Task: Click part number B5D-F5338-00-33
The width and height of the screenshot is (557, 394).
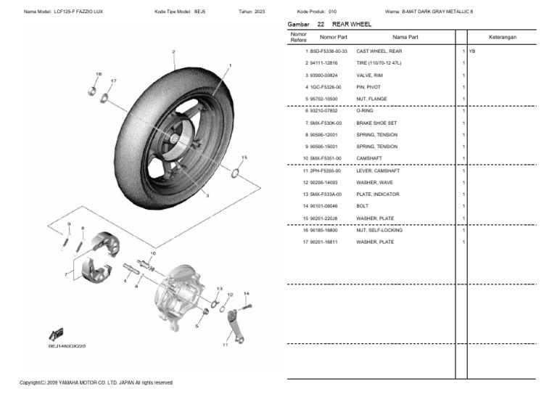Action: (329, 52)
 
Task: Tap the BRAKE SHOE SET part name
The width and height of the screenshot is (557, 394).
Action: (376, 123)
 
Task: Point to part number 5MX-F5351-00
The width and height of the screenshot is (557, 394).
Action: (325, 158)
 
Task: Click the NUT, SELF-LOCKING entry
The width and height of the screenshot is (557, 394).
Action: (379, 230)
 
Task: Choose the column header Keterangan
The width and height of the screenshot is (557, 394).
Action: (502, 36)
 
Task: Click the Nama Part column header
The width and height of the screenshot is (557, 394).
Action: (405, 36)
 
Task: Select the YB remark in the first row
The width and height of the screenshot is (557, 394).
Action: (472, 52)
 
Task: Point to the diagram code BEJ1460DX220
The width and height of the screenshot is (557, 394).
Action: (67, 346)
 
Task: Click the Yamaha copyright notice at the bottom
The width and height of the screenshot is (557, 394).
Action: (96, 382)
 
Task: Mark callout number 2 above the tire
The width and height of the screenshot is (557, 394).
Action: (173, 52)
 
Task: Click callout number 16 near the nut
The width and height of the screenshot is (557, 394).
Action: (99, 74)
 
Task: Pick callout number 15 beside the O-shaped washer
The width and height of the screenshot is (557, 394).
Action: (244, 157)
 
